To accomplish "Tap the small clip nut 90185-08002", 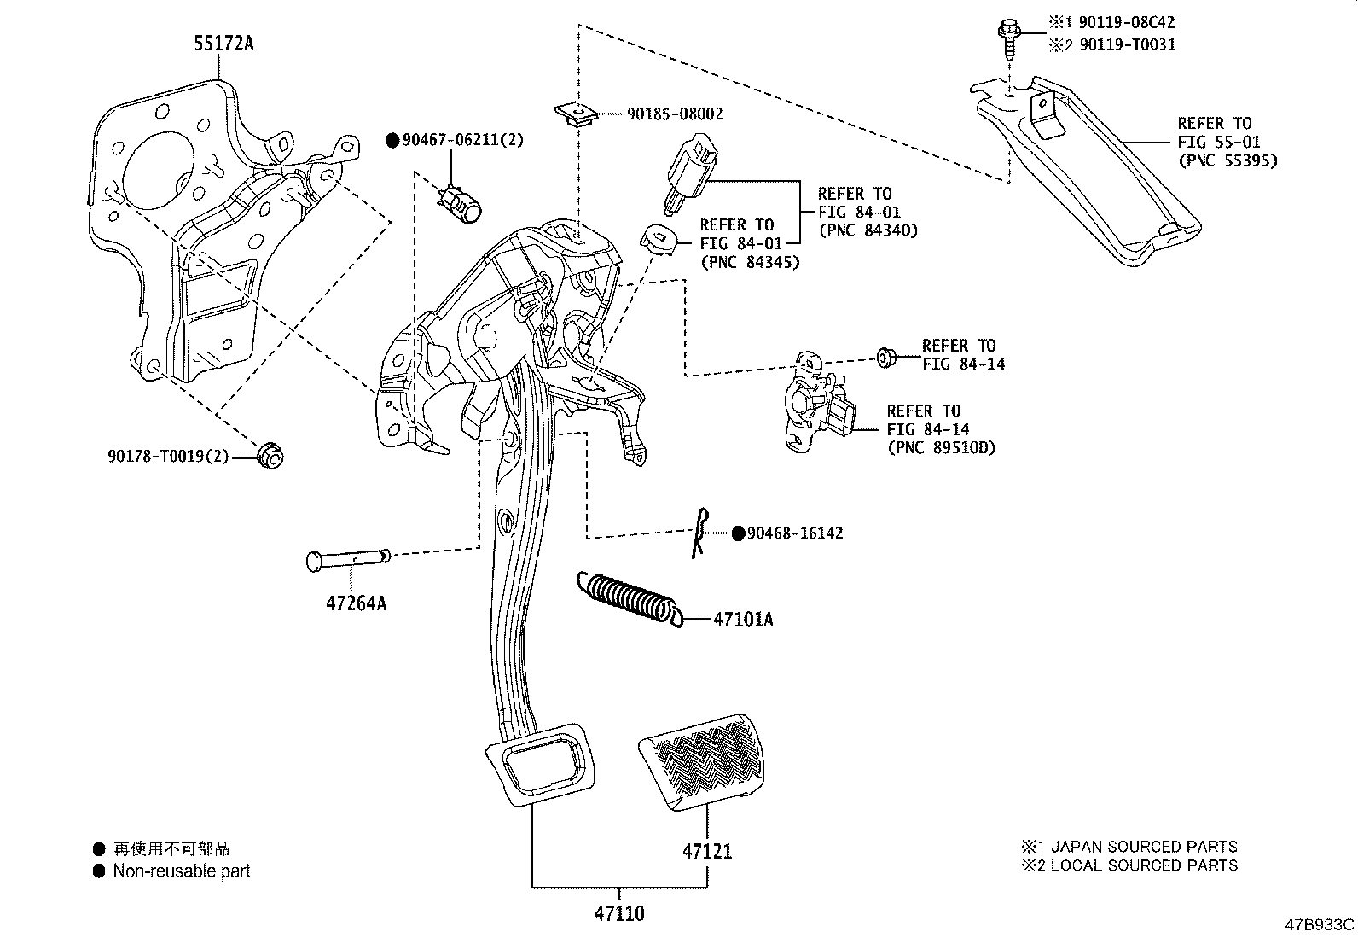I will pos(577,113).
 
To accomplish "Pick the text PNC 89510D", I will pos(941,447).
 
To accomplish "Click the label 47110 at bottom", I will pos(619,914).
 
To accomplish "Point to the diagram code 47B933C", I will pos(1320,924).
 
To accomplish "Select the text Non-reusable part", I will pos(182,871).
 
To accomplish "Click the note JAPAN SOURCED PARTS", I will pos(1143,847).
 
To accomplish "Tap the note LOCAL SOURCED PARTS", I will pos(1143,865).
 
